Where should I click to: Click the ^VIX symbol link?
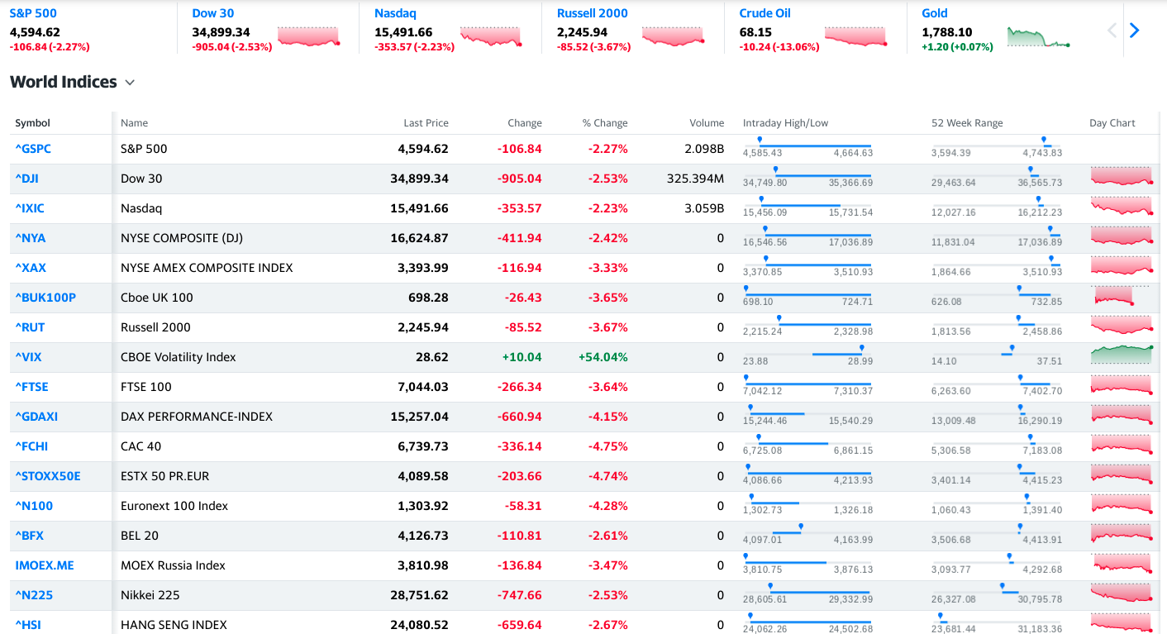(x=28, y=357)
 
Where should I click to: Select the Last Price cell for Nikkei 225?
(x=419, y=595)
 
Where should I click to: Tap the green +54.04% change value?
(x=603, y=357)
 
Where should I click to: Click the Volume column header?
(x=707, y=123)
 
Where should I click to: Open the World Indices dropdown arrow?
(x=130, y=83)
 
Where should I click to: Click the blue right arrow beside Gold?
(x=1134, y=31)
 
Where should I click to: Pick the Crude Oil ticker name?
(x=765, y=13)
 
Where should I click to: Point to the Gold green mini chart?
(x=1039, y=38)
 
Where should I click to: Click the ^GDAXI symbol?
(x=36, y=417)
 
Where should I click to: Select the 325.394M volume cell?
(x=695, y=179)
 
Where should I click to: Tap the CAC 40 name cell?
(x=141, y=446)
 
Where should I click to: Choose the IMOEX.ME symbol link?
(x=45, y=565)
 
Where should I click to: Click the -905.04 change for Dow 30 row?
(x=519, y=179)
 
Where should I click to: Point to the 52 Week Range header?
(x=967, y=123)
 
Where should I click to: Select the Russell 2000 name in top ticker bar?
(x=592, y=13)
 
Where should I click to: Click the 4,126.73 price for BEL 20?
(x=419, y=536)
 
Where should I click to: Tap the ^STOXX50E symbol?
(x=48, y=476)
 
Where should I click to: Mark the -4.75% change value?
(x=607, y=446)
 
